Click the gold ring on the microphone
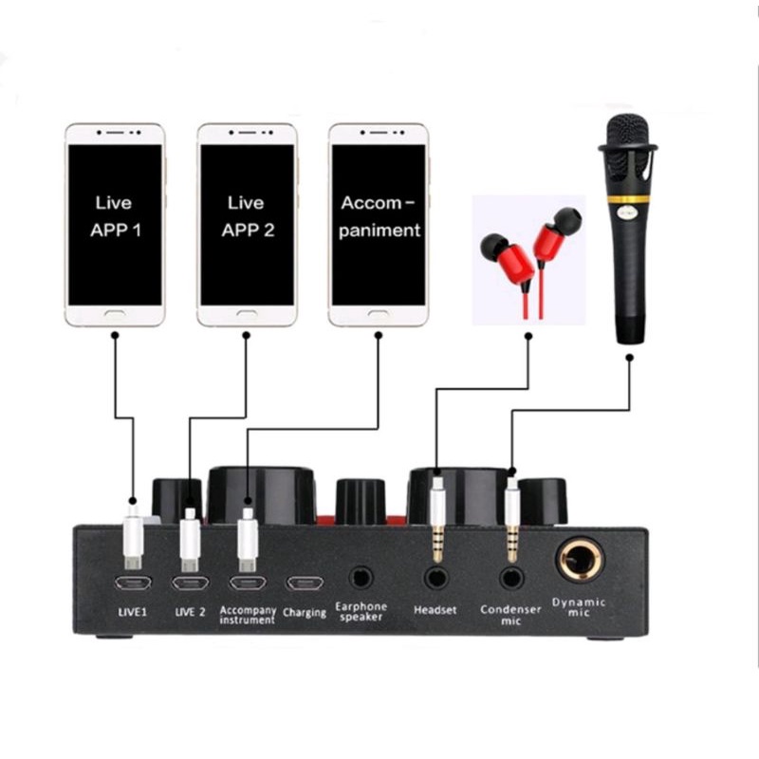click(x=628, y=199)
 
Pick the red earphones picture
click(x=528, y=259)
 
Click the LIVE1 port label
click(x=131, y=612)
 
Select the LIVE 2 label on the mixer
click(x=190, y=612)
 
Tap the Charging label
click(x=305, y=613)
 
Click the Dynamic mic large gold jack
click(x=579, y=562)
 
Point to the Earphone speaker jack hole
click(x=361, y=576)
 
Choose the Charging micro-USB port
click(x=305, y=583)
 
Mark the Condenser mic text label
click(x=510, y=614)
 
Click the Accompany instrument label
click(x=247, y=615)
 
